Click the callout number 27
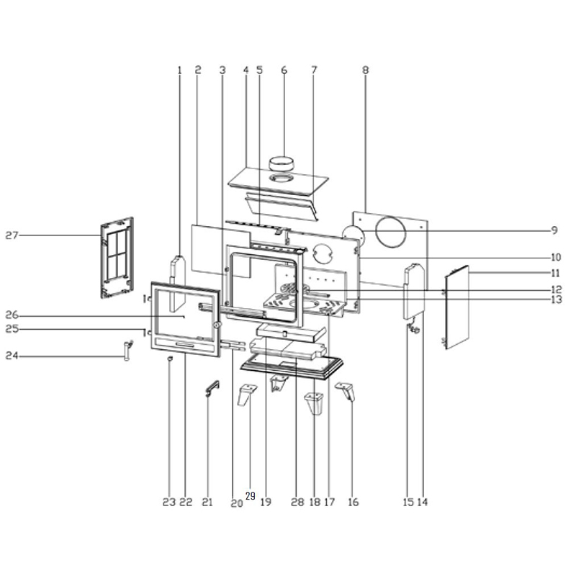click(12, 235)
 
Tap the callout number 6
click(284, 70)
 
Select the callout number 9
click(554, 230)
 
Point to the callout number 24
click(12, 356)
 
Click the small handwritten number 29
click(250, 496)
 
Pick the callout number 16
click(353, 502)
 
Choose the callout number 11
click(555, 273)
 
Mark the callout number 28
click(297, 502)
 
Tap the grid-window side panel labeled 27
click(117, 257)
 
